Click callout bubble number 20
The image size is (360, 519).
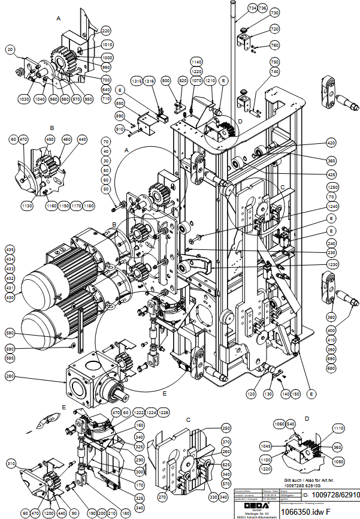pyautogui.click(x=10, y=49)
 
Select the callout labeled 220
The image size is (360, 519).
pyautogui.click(x=106, y=30)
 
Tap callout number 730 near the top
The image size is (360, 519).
pyautogui.click(x=275, y=13)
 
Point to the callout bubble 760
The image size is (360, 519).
pyautogui.click(x=275, y=45)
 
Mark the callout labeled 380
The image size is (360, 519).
pyautogui.click(x=331, y=318)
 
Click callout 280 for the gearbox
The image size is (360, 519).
pyautogui.click(x=10, y=376)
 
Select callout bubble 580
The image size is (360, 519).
pyautogui.click(x=10, y=333)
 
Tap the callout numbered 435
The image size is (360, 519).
pyautogui.click(x=10, y=249)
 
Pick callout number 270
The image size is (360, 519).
pyautogui.click(x=162, y=497)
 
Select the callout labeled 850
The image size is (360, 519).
pyautogui.click(x=119, y=103)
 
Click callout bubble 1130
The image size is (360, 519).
pyautogui.click(x=26, y=205)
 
